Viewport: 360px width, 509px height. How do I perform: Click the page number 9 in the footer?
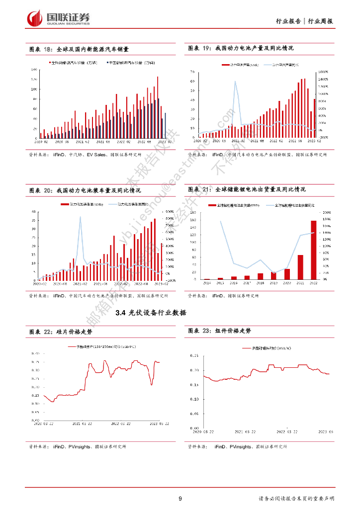pyautogui.click(x=180, y=499)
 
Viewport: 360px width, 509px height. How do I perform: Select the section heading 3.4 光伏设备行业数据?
pyautogui.click(x=151, y=313)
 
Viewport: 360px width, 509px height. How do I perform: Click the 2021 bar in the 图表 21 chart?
pyautogui.click(x=300, y=267)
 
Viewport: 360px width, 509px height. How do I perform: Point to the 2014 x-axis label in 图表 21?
pyautogui.click(x=207, y=282)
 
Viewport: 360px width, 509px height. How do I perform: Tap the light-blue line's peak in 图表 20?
pyautogui.click(x=80, y=217)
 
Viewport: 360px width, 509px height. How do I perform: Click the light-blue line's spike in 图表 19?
pyautogui.click(x=235, y=81)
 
